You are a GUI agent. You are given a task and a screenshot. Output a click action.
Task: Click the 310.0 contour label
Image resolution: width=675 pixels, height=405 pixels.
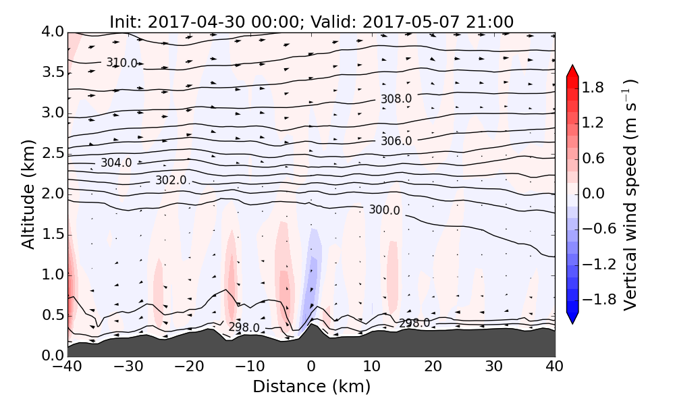[x=122, y=63]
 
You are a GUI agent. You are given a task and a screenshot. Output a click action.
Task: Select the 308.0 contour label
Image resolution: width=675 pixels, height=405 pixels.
[x=396, y=99]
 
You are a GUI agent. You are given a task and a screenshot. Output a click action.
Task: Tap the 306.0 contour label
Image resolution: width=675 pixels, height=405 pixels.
[x=396, y=140]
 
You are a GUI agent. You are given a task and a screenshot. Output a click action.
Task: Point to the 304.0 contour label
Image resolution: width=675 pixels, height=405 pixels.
[x=116, y=163]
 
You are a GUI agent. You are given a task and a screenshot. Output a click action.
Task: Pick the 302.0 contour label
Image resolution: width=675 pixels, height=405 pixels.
[x=171, y=180]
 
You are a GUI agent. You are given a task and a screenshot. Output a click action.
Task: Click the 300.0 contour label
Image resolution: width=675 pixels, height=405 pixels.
[x=384, y=210]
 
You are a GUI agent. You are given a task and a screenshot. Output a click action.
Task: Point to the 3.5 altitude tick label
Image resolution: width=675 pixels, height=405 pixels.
[x=51, y=72]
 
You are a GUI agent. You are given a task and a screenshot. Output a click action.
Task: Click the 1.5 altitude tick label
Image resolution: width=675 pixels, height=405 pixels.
[x=51, y=234]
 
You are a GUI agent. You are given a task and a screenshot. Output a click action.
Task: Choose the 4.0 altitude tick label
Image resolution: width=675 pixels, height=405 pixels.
[x=51, y=32]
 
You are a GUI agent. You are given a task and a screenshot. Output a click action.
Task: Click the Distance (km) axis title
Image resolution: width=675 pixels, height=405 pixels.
[x=311, y=387]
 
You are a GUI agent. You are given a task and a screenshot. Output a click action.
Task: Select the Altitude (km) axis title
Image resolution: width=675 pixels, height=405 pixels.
[x=28, y=194]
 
